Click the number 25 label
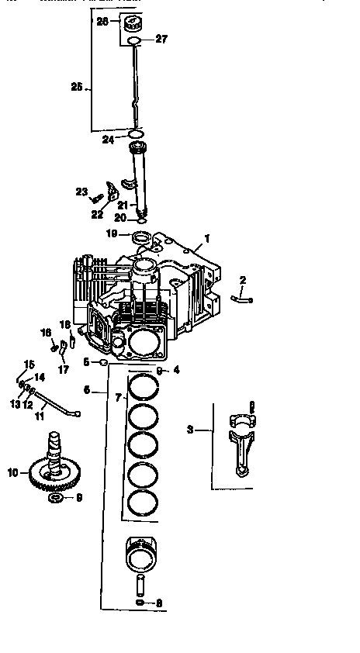(76, 88)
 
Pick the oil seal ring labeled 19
(141, 236)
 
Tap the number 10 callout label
(12, 471)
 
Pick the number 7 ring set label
(118, 397)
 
